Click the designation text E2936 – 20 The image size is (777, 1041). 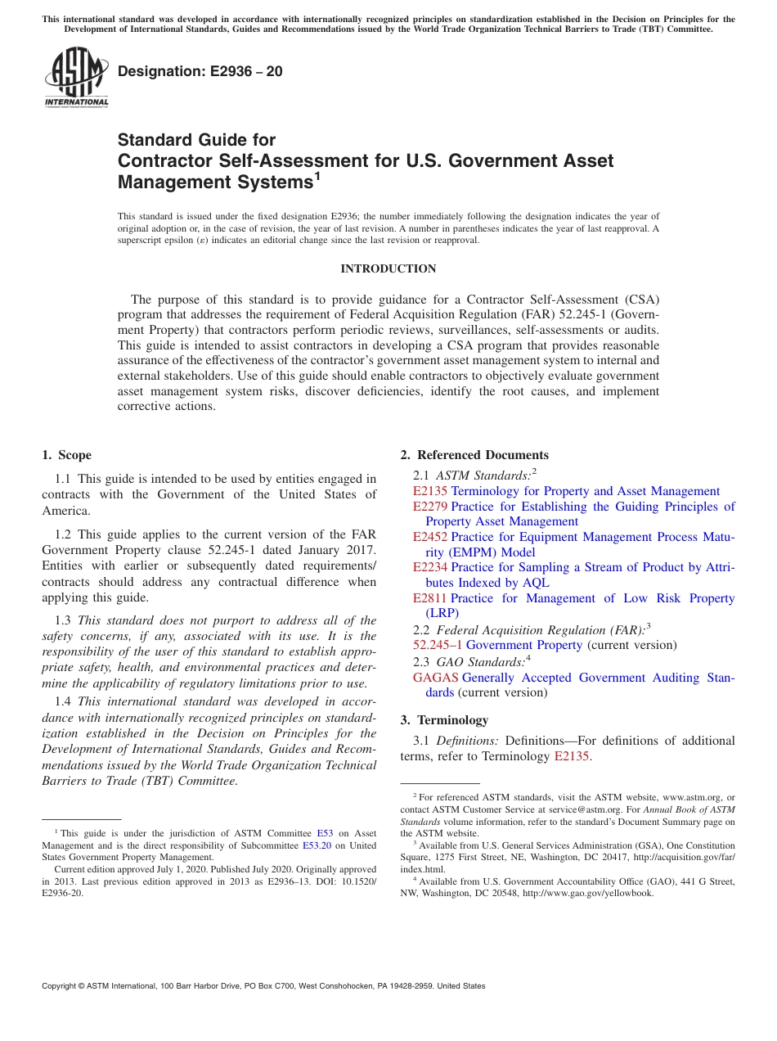point(200,71)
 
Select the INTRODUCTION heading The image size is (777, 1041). point(388,268)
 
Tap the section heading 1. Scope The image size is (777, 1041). point(66,455)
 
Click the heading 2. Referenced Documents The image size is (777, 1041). point(474,455)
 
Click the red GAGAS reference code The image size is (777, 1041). point(435,678)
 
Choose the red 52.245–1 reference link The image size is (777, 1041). point(438,645)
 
